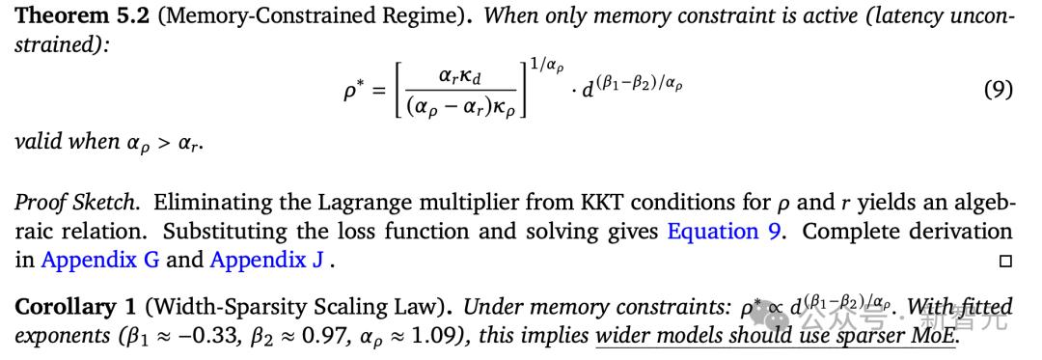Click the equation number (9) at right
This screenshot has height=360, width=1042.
pyautogui.click(x=999, y=89)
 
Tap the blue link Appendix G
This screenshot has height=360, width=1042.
pyautogui.click(x=100, y=261)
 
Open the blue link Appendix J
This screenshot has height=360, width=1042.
pyautogui.click(x=268, y=261)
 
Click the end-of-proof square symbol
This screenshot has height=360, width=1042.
pyautogui.click(x=1005, y=262)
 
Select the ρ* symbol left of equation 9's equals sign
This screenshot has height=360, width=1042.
pyautogui.click(x=351, y=90)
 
